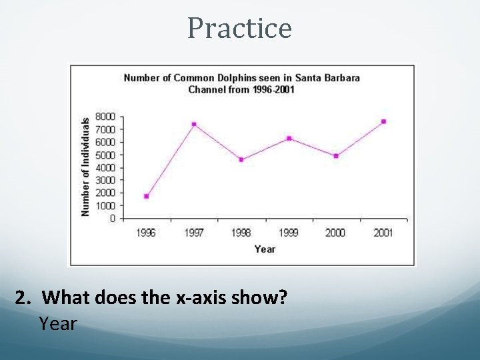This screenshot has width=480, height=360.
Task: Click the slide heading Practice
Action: (x=239, y=28)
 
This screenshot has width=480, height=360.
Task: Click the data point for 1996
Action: (x=147, y=196)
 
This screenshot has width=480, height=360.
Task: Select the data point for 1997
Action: (x=194, y=124)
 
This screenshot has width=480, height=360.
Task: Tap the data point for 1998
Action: (x=241, y=159)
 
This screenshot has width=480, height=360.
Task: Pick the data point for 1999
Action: (x=289, y=138)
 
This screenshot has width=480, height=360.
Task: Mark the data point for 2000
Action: (x=336, y=156)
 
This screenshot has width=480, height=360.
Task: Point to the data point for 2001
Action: (x=383, y=121)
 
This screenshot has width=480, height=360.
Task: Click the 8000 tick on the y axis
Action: (x=105, y=116)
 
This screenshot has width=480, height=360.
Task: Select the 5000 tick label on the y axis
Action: (x=105, y=155)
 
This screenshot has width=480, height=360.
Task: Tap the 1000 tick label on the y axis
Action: (x=105, y=205)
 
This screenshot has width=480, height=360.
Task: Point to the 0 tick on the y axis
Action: (x=112, y=218)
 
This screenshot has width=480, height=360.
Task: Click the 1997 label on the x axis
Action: (x=194, y=233)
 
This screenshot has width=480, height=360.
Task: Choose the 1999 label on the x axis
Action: (x=289, y=233)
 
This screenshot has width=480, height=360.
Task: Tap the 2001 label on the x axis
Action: (x=383, y=233)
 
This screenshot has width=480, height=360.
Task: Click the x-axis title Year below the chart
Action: (x=265, y=249)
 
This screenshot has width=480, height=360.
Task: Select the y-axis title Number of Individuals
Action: (x=85, y=167)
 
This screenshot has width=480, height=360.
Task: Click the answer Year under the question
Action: (x=58, y=324)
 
